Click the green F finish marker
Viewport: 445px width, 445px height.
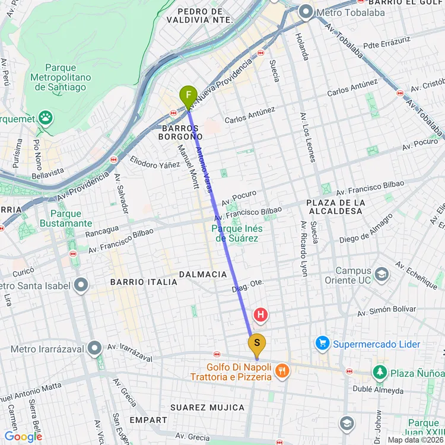[188, 96]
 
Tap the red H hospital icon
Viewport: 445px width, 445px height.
[260, 314]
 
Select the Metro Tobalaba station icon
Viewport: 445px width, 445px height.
[306, 11]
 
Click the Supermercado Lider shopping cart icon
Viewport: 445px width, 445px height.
[322, 344]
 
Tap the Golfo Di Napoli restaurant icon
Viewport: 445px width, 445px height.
[282, 371]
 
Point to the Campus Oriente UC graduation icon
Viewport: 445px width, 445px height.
[381, 274]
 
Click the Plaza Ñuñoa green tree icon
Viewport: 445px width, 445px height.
[379, 372]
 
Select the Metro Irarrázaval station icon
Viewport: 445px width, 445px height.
[95, 348]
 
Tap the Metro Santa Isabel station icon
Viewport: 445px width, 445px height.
[81, 285]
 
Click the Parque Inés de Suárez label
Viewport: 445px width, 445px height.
[238, 233]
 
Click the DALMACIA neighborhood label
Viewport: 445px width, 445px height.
[203, 274]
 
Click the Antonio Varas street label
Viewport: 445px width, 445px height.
[204, 169]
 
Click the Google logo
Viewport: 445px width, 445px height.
[23, 437]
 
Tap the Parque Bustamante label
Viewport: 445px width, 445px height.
[66, 218]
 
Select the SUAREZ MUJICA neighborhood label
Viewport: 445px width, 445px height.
[207, 407]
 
